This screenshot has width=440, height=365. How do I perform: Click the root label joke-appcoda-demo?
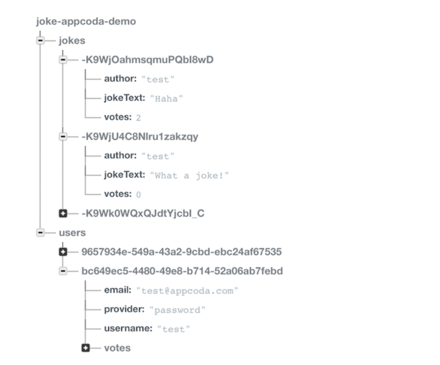tap(86, 21)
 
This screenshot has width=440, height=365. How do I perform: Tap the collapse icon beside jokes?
tap(40, 40)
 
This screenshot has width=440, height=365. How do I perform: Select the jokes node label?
tap(72, 40)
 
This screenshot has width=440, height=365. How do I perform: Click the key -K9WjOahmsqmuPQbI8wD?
tap(147, 60)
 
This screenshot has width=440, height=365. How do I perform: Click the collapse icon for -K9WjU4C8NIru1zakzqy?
tap(63, 137)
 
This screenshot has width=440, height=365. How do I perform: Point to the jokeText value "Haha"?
tap(166, 99)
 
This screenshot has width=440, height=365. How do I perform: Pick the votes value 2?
tap(138, 118)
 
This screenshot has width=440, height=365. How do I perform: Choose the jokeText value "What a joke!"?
tap(189, 176)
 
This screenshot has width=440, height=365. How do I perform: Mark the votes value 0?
tap(138, 195)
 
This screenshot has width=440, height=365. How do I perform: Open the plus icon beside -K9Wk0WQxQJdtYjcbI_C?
tap(63, 213)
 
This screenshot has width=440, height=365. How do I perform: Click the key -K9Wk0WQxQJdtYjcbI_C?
tap(143, 213)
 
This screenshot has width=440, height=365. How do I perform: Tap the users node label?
tap(72, 233)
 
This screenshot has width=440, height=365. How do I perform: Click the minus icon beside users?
tap(40, 233)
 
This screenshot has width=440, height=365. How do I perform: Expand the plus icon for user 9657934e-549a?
tap(63, 252)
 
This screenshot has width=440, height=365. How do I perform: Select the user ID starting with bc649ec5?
tap(182, 271)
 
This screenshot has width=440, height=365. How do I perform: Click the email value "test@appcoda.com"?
tap(187, 291)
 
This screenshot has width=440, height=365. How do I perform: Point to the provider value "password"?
tap(177, 310)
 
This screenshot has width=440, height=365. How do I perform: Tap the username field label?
tap(128, 328)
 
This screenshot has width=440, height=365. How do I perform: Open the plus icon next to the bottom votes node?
tap(86, 348)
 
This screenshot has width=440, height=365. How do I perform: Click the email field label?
tap(118, 290)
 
